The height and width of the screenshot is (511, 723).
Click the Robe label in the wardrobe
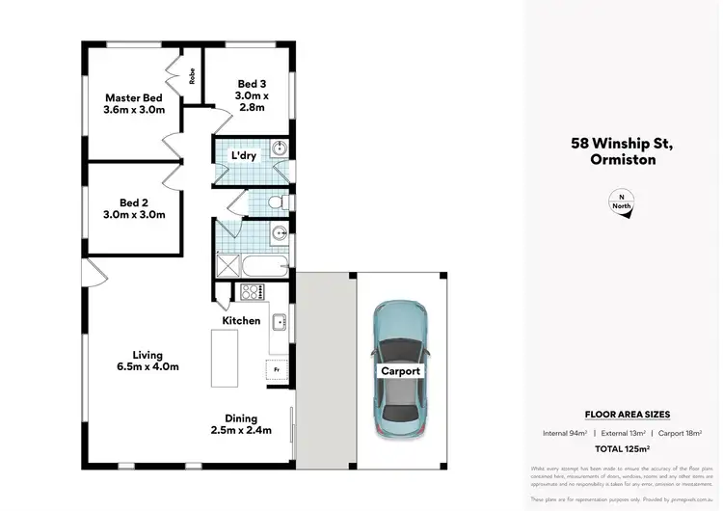pos(193,75)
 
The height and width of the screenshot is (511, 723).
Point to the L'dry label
pos(242,155)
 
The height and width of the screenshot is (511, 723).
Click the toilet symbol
pos(276,202)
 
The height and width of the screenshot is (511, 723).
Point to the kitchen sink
pos(278,322)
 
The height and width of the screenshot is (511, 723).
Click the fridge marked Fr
pos(277,369)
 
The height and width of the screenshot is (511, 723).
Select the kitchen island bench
pos(225,358)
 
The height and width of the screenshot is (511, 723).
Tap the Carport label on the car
pos(400,370)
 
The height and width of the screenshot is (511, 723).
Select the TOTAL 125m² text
pos(621,449)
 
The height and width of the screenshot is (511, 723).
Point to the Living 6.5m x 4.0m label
pos(148,361)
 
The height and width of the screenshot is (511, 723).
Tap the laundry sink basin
pos(278,148)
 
